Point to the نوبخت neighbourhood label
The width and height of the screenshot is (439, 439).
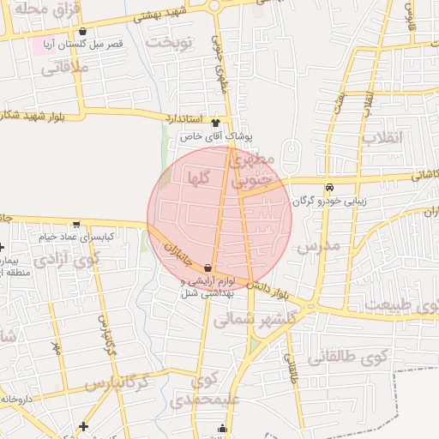pyautogui.click(x=170, y=40)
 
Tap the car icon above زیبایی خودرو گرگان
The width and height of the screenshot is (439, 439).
pyautogui.click(x=328, y=189)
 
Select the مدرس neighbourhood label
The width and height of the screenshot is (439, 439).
pyautogui.click(x=317, y=246)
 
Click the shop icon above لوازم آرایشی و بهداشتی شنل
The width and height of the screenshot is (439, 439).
pyautogui.click(x=209, y=268)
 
